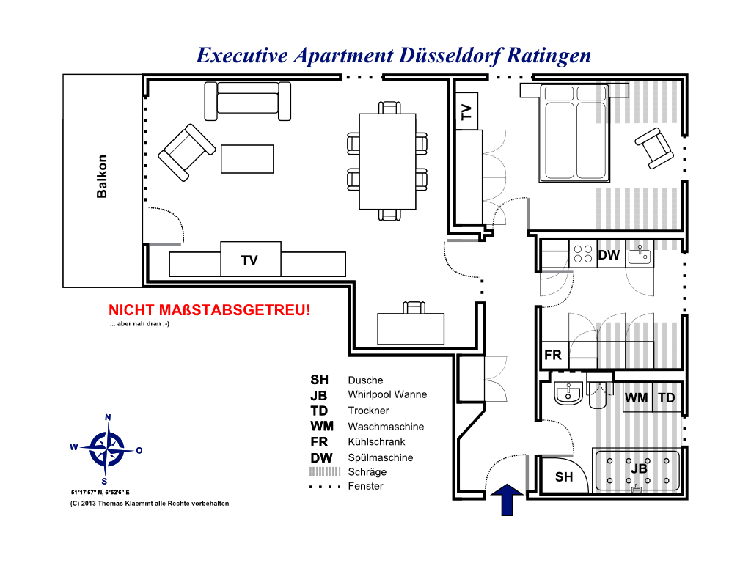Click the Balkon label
(101, 176)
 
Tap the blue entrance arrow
(507, 499)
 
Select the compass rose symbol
(107, 449)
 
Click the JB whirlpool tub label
(639, 468)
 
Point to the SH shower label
(564, 476)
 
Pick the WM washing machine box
(637, 397)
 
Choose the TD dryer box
(667, 397)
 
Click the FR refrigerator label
(553, 356)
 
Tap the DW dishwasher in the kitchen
(609, 254)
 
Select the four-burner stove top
(583, 254)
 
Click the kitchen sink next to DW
(640, 254)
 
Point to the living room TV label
(249, 260)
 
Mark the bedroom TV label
(466, 112)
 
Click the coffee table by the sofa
(247, 159)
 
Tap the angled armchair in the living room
(187, 152)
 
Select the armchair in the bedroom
(653, 148)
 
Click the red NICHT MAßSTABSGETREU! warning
(209, 310)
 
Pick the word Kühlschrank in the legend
(376, 441)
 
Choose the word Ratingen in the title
(549, 56)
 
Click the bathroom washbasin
(568, 394)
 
